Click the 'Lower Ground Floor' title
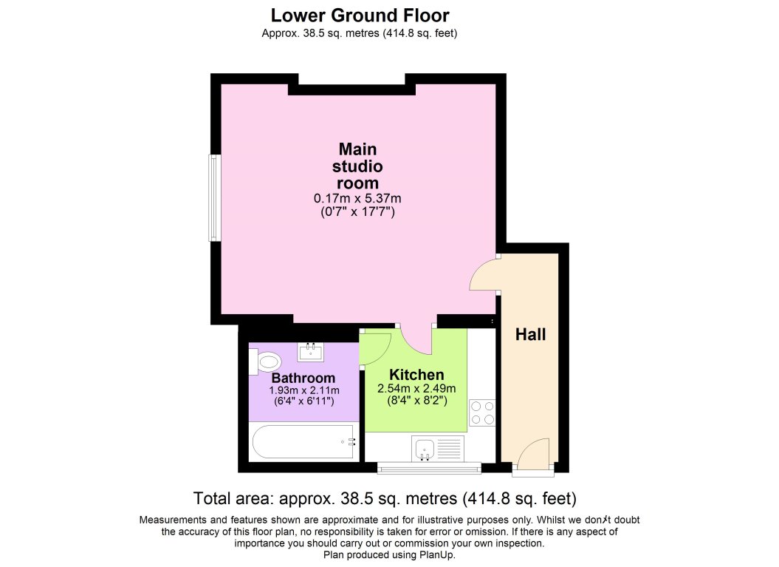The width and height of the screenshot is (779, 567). [x=360, y=15]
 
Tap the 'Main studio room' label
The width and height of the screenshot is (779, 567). [x=357, y=166]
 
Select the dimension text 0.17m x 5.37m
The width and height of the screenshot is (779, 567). [x=357, y=198]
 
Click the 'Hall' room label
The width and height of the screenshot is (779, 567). [x=530, y=335]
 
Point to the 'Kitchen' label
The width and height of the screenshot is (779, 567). [x=416, y=374]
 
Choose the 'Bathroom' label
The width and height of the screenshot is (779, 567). [x=303, y=378]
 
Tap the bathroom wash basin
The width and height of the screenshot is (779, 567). [x=312, y=350]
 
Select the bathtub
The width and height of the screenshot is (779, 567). [x=303, y=442]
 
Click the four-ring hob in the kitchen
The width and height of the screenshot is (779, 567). [x=481, y=412]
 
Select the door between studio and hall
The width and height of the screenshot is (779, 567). [x=484, y=275]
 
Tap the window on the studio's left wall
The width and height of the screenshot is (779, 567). [x=214, y=197]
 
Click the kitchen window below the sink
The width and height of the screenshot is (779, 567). [x=428, y=467]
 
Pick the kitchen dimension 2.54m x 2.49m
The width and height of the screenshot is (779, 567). [x=416, y=389]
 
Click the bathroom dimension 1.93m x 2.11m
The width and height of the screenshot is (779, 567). [x=303, y=390]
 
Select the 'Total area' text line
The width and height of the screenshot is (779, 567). [x=384, y=497]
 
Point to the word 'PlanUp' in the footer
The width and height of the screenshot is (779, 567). [x=437, y=554]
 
